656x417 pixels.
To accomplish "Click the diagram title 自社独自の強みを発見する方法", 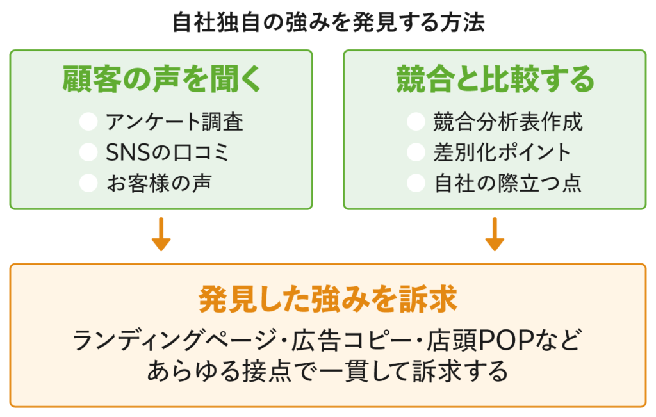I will tap(328, 23).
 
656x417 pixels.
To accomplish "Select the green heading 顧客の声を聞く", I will tap(162, 80).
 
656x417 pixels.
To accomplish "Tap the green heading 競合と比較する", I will tap(495, 80).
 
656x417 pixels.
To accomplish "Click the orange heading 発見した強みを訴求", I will tap(327, 298).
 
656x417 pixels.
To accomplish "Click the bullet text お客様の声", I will tap(158, 183).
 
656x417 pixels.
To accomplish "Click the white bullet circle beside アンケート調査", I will tap(88, 121).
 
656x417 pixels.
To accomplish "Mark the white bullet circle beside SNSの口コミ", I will tap(88, 152).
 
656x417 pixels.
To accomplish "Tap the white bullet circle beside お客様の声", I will tap(88, 183).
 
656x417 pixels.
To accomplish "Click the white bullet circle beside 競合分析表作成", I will tap(416, 121).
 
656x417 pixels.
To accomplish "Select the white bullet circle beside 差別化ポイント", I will tap(416, 152).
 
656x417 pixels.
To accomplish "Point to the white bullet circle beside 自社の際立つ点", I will tap(416, 183).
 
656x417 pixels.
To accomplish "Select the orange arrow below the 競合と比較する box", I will tap(495, 235).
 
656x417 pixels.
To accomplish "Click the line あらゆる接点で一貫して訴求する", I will tap(327, 371).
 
